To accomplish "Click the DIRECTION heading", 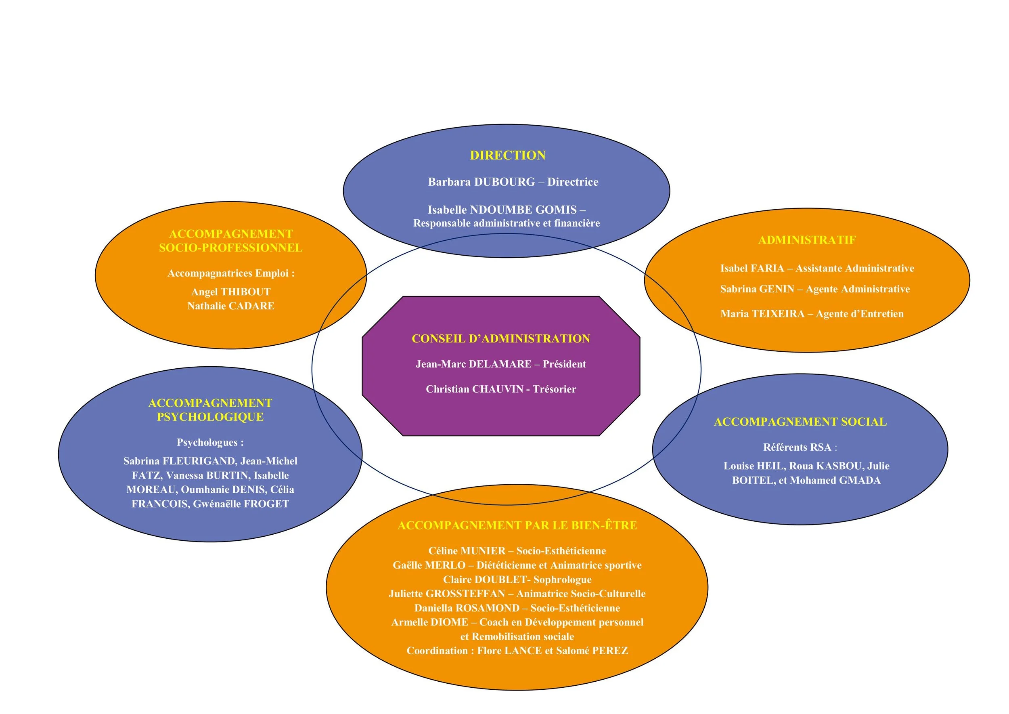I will click(508, 155).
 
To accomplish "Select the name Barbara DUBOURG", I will click(481, 182).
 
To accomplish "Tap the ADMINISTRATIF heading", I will click(807, 240).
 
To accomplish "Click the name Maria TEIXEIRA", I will click(762, 314).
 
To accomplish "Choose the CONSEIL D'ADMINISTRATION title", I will click(500, 338).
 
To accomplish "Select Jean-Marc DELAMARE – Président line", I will click(500, 364).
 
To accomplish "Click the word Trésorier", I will click(554, 389).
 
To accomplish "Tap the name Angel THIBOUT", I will click(231, 292).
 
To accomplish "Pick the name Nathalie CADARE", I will click(231, 306).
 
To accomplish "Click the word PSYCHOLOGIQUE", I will click(210, 417).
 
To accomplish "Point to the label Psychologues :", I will click(210, 442).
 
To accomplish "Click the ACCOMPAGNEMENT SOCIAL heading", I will click(800, 422).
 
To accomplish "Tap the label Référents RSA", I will click(797, 447).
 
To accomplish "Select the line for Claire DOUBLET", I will click(517, 580).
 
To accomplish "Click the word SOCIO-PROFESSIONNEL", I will click(231, 248).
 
